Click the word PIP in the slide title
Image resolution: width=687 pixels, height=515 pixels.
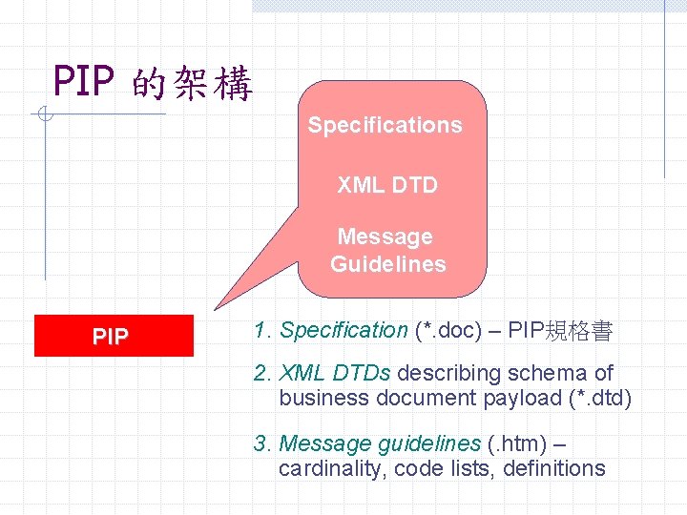coord(84,82)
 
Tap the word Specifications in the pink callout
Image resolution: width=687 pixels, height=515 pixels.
coord(385,125)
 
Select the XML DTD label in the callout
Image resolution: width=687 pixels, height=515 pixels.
coord(387,185)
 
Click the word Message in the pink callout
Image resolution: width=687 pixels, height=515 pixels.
coord(385,237)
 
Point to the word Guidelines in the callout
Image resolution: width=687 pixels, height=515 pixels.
coord(388,264)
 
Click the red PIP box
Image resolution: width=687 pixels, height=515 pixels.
coord(113,337)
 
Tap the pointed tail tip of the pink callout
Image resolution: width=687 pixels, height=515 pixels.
coord(216,309)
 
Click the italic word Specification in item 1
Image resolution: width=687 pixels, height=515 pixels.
coord(343,331)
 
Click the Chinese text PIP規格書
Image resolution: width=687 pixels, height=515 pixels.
coord(560,331)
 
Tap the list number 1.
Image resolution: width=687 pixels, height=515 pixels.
coord(260,331)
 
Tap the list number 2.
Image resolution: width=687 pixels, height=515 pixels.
coord(260,373)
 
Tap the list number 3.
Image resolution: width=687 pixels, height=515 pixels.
coord(260,443)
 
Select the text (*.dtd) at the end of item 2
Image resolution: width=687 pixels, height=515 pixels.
coord(599,398)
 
